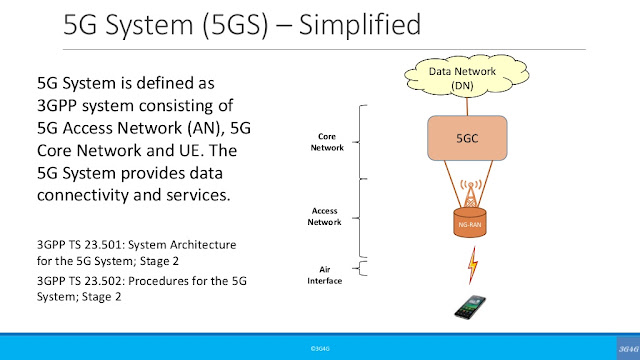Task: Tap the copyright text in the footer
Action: pos(320,348)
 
